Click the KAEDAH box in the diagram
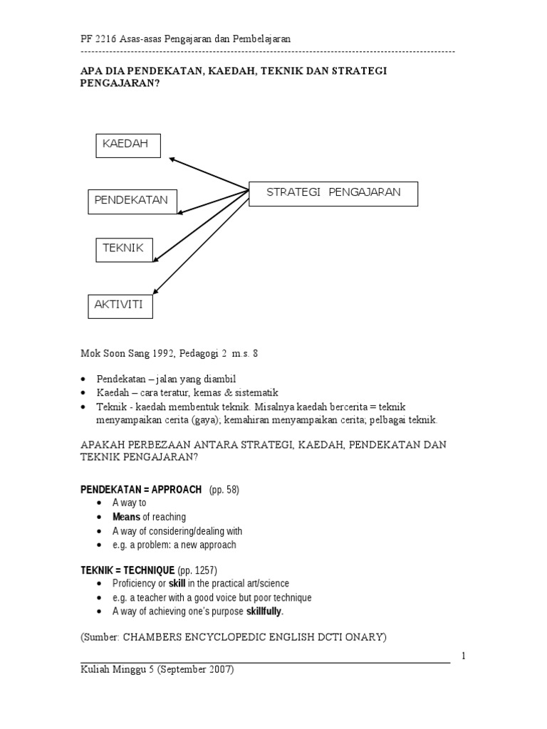[x=128, y=145]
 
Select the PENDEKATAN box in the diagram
[x=132, y=201]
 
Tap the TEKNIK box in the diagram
[x=124, y=249]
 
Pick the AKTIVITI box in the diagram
[x=120, y=306]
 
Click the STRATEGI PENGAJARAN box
[x=333, y=194]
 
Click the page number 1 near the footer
[x=464, y=656]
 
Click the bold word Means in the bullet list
[x=126, y=517]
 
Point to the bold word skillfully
[x=264, y=612]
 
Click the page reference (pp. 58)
[x=224, y=489]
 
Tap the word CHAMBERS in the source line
[x=155, y=638]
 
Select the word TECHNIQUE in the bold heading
[x=147, y=570]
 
